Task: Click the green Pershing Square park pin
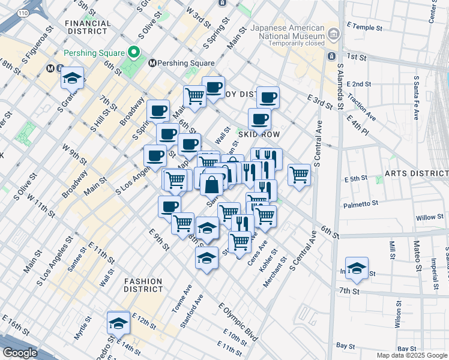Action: [134, 51]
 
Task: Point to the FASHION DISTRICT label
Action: [143, 285]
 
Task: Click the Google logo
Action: [20, 353]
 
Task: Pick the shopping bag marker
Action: [212, 184]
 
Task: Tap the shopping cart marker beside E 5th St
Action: [299, 175]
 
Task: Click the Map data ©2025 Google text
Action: [411, 355]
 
